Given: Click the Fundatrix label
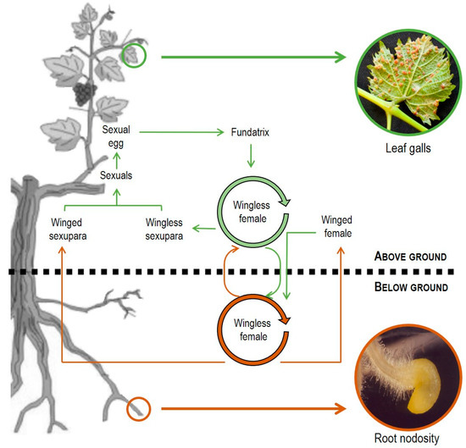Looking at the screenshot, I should tap(251, 133).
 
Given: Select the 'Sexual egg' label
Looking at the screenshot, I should tap(115, 138).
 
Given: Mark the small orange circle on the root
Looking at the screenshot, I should tap(138, 410).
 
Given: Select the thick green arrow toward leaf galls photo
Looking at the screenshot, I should tap(254, 57).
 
